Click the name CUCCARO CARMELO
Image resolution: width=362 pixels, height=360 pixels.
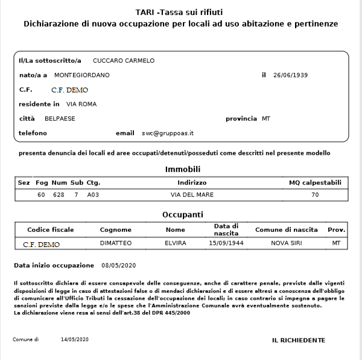coord(124,60)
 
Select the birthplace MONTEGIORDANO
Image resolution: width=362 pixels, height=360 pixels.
coord(82,75)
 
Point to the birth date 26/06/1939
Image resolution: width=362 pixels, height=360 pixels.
coord(291,75)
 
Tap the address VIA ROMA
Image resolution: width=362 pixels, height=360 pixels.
coord(81,104)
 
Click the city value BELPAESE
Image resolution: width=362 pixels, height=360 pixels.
coord(60,118)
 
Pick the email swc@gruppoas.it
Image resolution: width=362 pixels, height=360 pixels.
coord(168,133)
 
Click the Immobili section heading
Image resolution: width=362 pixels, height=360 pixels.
coord(183,169)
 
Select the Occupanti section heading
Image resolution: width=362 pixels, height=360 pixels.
coord(183,214)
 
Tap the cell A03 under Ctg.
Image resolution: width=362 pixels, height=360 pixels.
coord(93,195)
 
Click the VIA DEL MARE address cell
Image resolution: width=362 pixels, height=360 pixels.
coord(192,195)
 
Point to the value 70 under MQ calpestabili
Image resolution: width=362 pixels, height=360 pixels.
coord(315,195)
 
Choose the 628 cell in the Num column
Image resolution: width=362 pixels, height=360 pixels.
coord(59,195)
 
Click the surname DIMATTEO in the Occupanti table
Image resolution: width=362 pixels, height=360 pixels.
coord(115,243)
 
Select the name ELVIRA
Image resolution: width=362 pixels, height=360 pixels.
coord(175,243)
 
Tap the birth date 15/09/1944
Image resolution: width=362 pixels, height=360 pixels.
coord(226,243)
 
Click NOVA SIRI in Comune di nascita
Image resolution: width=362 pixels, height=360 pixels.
coord(286,243)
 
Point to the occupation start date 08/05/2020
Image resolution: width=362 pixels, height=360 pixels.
coord(120,265)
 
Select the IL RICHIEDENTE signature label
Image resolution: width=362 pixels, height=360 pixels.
coord(299,341)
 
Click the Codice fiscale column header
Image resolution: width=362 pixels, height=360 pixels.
coord(51,230)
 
